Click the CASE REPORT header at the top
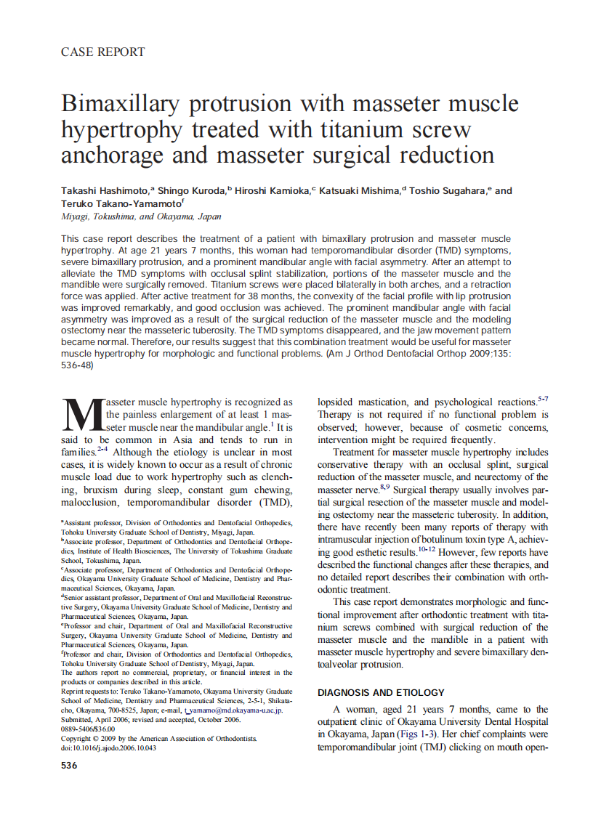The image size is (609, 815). [x=102, y=52]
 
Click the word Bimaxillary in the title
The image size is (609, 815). [x=119, y=103]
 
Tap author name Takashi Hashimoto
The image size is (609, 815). [x=105, y=191]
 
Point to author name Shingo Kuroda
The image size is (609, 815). [x=191, y=191]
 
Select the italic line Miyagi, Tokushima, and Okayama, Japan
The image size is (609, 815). [x=141, y=216]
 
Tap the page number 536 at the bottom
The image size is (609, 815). [x=70, y=766]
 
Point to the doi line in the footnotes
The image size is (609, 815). [x=108, y=747]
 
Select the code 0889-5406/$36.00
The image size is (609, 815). [x=88, y=729]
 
